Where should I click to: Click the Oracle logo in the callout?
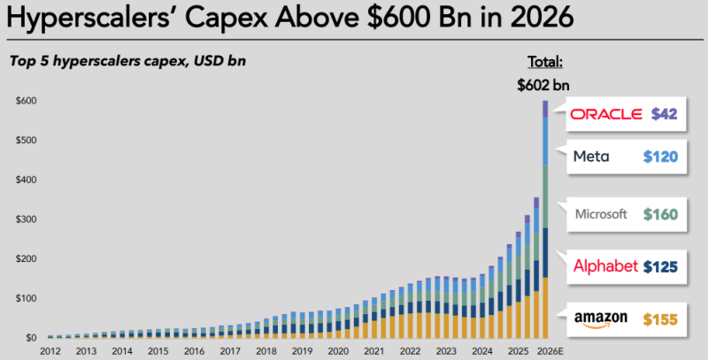(607, 114)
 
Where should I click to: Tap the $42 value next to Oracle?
(664, 114)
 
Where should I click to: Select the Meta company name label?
(591, 157)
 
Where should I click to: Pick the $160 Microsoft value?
(660, 213)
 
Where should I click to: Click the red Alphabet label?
(604, 265)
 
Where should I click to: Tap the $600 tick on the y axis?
(25, 101)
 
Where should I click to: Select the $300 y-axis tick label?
(25, 218)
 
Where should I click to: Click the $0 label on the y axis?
(30, 337)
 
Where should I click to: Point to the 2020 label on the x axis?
(337, 351)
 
